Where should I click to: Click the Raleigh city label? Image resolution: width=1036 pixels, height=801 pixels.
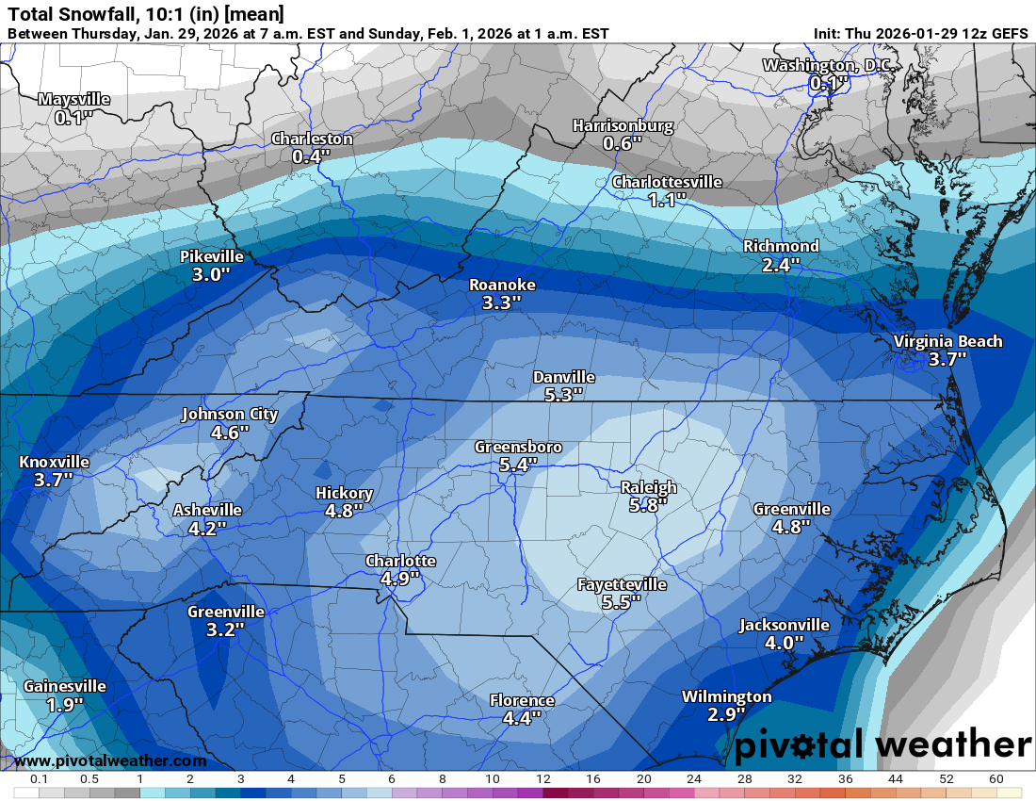[x=648, y=487]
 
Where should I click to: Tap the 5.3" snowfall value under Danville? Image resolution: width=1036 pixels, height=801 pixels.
[x=563, y=395]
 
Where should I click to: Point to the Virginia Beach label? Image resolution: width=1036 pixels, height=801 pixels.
[x=947, y=341]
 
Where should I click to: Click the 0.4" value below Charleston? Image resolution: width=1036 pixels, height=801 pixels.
[x=312, y=156]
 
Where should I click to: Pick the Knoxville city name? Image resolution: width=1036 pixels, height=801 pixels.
[x=54, y=462]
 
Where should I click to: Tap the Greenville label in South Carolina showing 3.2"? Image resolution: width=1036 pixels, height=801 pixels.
[x=225, y=611]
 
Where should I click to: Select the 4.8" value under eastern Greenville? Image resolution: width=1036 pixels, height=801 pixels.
[x=790, y=527]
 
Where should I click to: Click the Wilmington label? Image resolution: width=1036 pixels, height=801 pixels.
[x=726, y=696]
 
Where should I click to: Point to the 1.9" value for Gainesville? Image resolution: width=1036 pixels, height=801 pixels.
[x=65, y=704]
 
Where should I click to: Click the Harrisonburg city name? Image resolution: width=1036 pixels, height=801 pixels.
[x=623, y=125]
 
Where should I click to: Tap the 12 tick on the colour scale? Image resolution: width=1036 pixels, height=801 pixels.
[x=543, y=780]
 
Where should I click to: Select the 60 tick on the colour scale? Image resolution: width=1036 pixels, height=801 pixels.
[x=996, y=780]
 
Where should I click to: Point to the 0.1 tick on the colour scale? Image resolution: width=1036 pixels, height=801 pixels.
[x=40, y=780]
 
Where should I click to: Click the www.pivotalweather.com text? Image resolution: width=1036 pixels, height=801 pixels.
[x=110, y=760]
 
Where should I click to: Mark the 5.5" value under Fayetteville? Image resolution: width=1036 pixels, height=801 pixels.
[x=622, y=602]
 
